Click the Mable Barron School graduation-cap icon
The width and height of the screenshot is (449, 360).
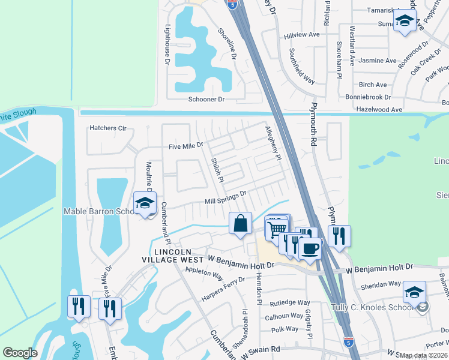[145, 203]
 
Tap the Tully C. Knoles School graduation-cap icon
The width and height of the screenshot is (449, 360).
[415, 292]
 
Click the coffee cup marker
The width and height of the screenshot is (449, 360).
[310, 247]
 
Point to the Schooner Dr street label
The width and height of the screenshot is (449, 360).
[206, 99]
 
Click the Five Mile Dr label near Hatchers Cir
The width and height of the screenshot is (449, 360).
[186, 145]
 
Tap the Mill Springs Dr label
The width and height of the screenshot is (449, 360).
[226, 197]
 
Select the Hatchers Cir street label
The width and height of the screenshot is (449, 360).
[108, 128]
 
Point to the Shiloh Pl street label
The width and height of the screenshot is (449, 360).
[217, 169]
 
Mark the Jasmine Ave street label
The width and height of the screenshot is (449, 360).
[377, 61]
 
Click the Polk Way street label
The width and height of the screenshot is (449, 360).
[285, 329]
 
